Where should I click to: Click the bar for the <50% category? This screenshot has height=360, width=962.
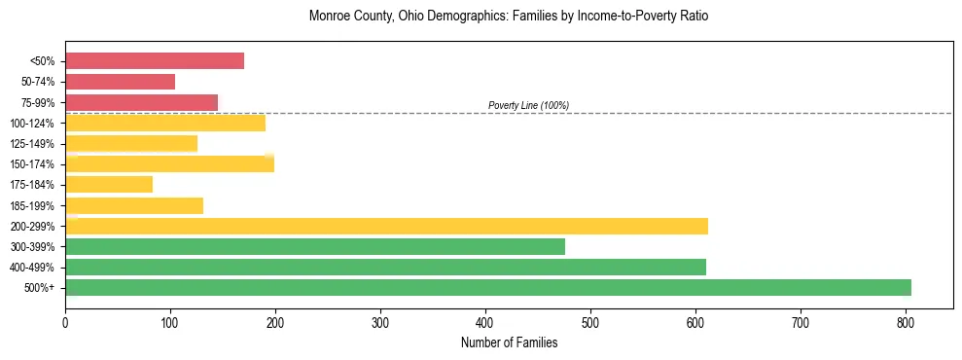tap(155, 60)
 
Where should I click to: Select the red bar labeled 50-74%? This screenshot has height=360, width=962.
tap(120, 82)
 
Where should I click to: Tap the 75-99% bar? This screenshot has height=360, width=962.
tap(141, 102)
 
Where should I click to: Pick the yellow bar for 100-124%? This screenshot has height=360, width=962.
tap(165, 123)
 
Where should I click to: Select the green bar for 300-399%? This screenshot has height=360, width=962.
tap(315, 246)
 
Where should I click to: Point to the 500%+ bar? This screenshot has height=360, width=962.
tap(488, 287)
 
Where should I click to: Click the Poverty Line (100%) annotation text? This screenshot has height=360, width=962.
tap(528, 105)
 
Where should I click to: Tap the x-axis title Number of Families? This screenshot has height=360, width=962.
tap(509, 342)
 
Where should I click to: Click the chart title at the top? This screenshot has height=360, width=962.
tap(509, 17)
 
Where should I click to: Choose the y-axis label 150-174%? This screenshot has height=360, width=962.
tap(32, 164)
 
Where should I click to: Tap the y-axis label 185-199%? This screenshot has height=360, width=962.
tap(32, 205)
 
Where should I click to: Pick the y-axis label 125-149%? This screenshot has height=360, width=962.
tap(32, 144)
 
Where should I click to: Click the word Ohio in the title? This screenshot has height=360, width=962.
tap(412, 17)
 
